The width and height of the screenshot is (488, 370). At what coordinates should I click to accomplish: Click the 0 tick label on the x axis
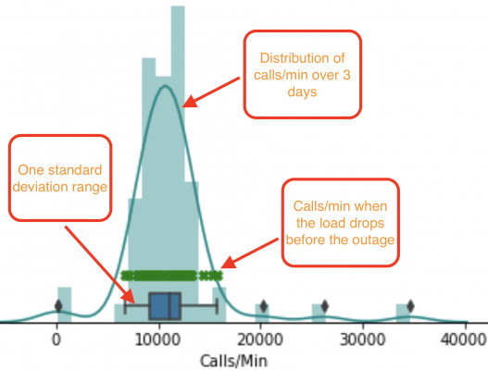(x=56, y=339)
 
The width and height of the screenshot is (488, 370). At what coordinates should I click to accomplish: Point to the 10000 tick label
(x=158, y=339)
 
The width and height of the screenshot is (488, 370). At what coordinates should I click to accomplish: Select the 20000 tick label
(x=260, y=339)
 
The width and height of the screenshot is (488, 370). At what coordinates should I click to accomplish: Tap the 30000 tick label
(x=363, y=339)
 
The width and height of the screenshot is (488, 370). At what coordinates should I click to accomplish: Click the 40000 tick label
(x=464, y=339)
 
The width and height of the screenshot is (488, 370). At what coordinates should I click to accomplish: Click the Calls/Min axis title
(x=233, y=361)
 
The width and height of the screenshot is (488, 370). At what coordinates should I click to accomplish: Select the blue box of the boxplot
(x=165, y=306)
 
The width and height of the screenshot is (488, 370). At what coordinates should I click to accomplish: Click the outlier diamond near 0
(x=58, y=306)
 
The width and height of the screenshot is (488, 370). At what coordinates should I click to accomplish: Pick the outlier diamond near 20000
(x=264, y=306)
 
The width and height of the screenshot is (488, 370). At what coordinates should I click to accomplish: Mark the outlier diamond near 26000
(x=325, y=306)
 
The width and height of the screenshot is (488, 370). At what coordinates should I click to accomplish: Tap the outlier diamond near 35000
(x=410, y=306)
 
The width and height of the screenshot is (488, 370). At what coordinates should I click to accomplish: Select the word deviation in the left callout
(x=41, y=187)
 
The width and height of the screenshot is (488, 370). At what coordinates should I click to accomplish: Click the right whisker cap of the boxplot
(x=217, y=306)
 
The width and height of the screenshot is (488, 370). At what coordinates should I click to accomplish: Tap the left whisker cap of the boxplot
(x=125, y=306)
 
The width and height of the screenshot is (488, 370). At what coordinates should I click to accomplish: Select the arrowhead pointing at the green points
(x=228, y=263)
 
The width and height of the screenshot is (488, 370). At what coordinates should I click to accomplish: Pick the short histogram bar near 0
(x=65, y=304)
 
